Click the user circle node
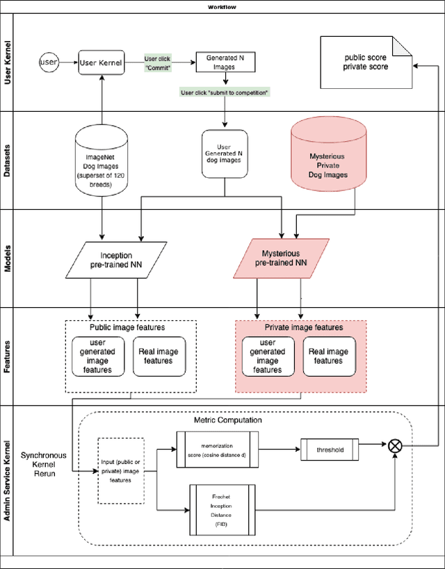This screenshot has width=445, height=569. click(49, 63)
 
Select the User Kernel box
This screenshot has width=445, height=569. click(101, 63)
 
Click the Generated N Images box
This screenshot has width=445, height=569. click(224, 63)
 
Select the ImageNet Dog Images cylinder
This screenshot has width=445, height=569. click(102, 160)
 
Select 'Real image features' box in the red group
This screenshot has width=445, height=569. click(328, 356)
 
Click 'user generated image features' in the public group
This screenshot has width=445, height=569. click(97, 356)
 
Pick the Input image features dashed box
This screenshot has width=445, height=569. click(120, 470)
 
